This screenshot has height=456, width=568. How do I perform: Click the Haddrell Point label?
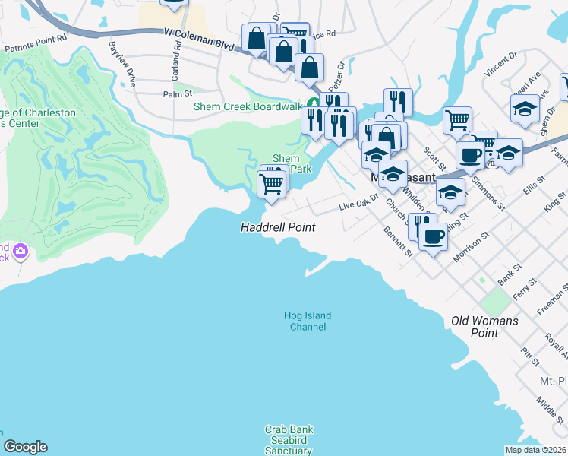tap(277, 227)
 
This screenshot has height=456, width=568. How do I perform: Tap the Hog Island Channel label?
tap(308, 321)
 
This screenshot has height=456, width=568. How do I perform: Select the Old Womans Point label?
tap(484, 327)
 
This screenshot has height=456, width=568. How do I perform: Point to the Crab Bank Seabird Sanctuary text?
tap(289, 440)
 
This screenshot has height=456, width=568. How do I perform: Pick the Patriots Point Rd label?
tap(36, 46)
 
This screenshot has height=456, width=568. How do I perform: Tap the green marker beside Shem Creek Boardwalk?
tap(313, 104)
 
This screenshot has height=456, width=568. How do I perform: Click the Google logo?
tap(25, 447)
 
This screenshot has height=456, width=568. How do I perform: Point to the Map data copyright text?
tap(535, 450)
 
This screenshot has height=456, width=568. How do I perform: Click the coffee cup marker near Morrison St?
tap(434, 236)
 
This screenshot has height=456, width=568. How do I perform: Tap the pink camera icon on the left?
tap(20, 251)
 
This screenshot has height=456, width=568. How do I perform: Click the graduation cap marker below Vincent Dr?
tap(525, 109)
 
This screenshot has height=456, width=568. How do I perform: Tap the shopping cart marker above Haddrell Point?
tap(272, 183)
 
